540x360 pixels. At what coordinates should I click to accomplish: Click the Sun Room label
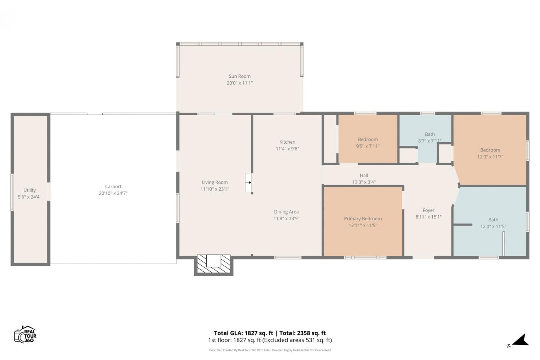point(240,76)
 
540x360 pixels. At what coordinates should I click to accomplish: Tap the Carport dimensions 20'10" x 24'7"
point(113,193)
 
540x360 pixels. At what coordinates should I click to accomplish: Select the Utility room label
point(30,190)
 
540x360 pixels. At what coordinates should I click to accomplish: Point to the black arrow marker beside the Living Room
point(250,183)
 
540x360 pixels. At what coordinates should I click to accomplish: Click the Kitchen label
point(287,142)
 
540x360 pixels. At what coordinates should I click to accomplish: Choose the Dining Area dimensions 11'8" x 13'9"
point(287,219)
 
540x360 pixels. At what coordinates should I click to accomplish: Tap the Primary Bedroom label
point(363,219)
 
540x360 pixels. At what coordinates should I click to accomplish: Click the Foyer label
point(428,210)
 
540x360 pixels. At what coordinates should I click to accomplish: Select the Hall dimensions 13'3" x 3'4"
point(364,182)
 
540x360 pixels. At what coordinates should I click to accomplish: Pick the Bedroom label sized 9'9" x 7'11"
point(368,139)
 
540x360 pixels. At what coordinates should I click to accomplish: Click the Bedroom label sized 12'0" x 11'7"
point(490,150)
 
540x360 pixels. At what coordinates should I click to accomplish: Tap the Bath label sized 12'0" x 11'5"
point(493,220)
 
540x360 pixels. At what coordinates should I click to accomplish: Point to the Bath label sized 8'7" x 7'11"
point(430,134)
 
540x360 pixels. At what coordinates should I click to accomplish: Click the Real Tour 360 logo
point(25,334)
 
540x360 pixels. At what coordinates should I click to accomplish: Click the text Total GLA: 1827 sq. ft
point(243,333)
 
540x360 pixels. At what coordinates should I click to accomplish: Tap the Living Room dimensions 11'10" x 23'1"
point(215,189)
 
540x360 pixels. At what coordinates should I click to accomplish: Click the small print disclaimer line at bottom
point(270,350)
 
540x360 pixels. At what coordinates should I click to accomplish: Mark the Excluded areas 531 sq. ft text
point(297,340)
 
